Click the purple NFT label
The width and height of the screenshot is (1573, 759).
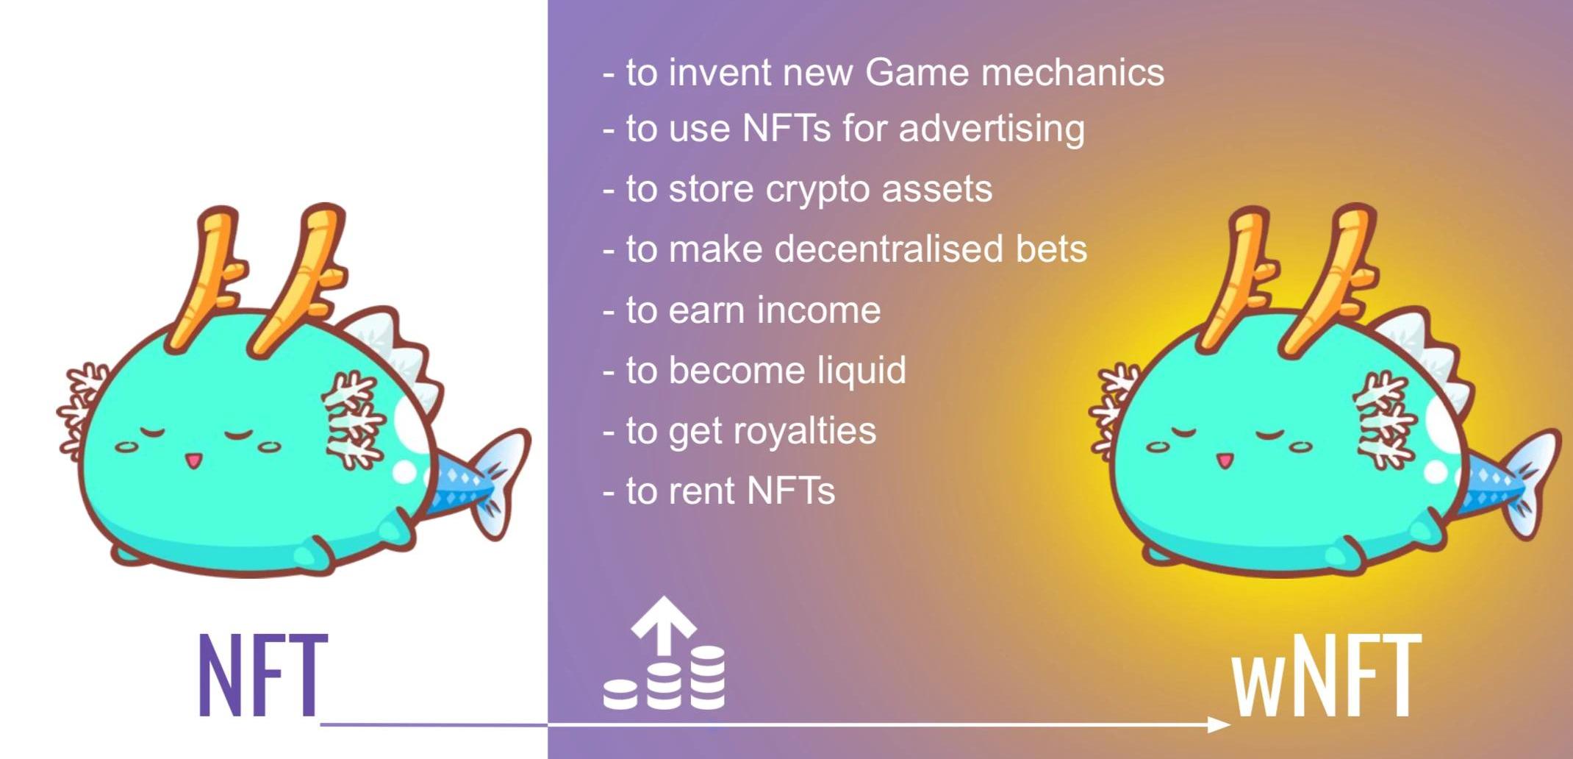[263, 674]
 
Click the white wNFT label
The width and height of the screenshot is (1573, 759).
[1327, 674]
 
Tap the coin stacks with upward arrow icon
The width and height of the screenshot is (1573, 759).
[664, 653]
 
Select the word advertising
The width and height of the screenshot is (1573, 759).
[992, 129]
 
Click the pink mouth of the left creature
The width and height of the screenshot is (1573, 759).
[193, 460]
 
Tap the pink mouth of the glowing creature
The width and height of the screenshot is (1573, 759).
[1224, 460]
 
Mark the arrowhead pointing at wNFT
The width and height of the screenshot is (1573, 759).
[1220, 724]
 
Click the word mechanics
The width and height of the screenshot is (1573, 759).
[1072, 72]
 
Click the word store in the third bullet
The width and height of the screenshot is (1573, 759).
[711, 189]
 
